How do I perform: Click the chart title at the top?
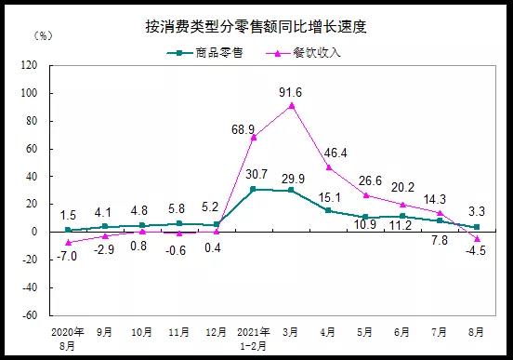[256, 26]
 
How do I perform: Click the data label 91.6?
[292, 91]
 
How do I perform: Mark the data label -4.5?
[477, 248]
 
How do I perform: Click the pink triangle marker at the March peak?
[292, 105]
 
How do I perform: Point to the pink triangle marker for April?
[328, 167]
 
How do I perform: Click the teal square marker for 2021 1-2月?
[254, 189]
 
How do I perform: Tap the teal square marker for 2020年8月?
[68, 230]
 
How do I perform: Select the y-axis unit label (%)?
[42, 36]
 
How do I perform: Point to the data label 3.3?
[477, 211]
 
